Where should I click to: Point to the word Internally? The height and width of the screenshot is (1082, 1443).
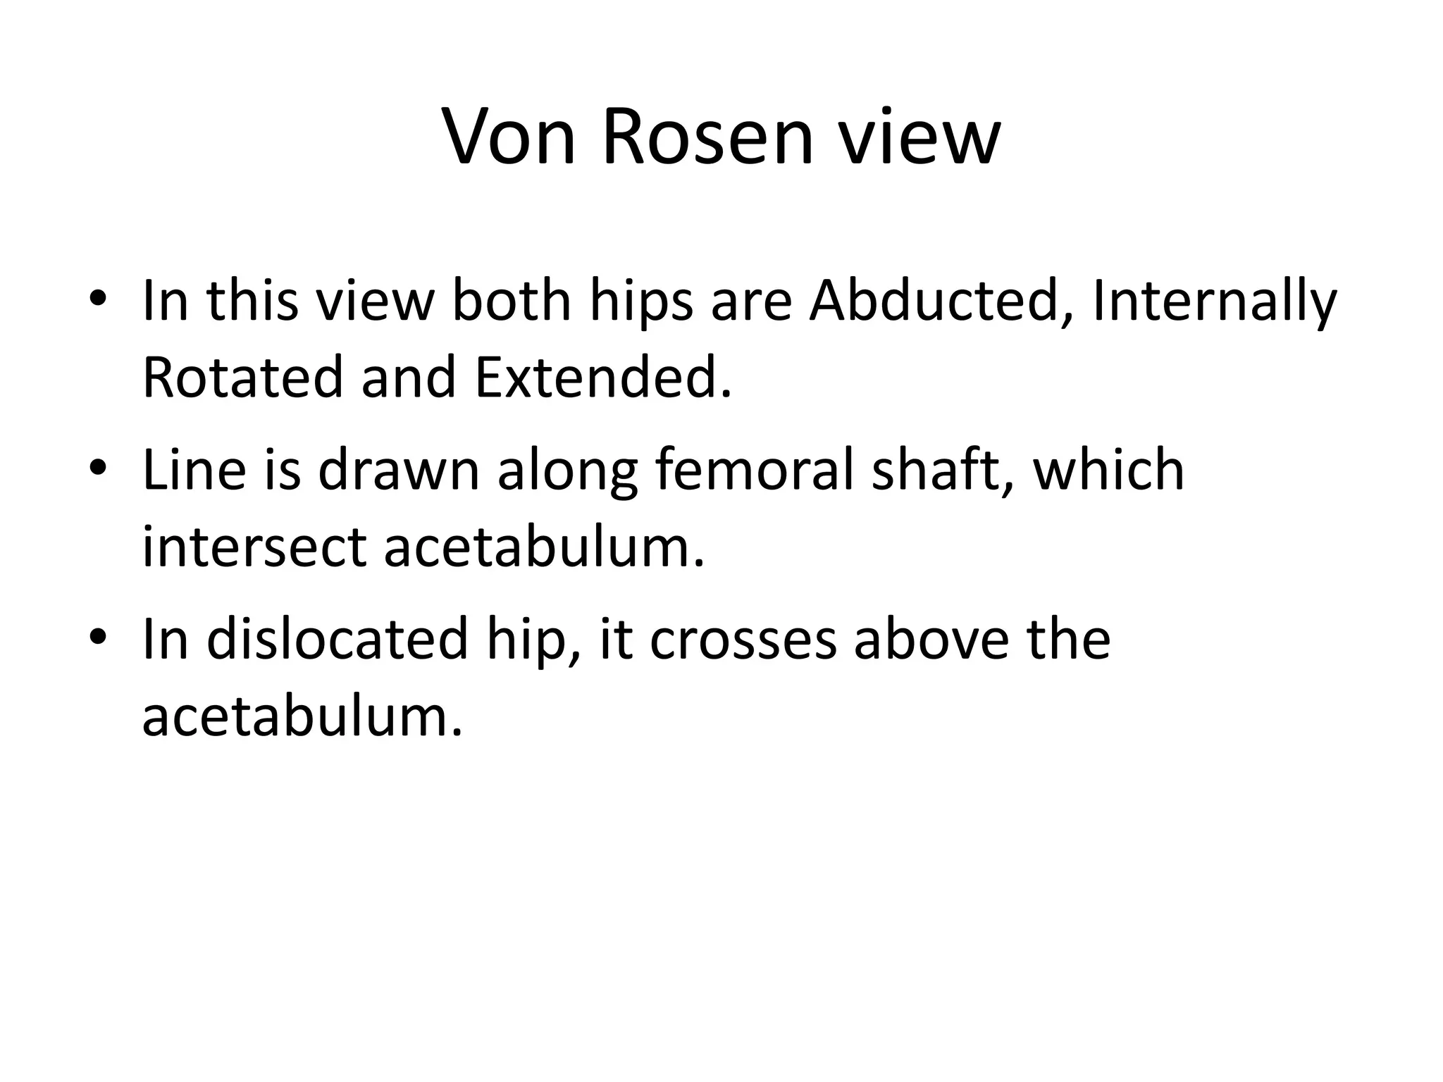pos(1213,301)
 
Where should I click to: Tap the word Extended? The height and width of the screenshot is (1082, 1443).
pos(602,377)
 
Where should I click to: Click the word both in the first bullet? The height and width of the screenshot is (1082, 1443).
pos(511,301)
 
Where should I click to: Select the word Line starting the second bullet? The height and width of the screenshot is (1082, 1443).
pos(194,470)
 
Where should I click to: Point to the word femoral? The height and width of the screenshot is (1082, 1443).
pos(754,470)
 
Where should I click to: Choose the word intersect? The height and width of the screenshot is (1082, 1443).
pos(254,547)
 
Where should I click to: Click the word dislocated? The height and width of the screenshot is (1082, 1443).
pos(337,640)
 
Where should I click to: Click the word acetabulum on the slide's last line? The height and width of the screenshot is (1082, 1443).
pos(302,716)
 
